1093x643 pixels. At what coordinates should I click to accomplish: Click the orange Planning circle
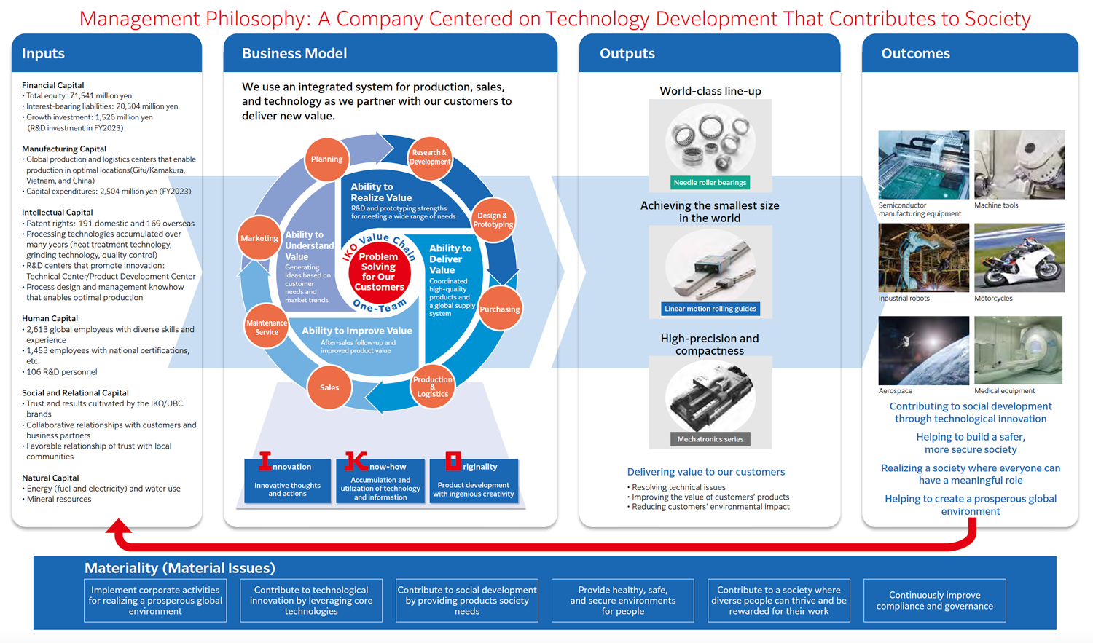(326, 159)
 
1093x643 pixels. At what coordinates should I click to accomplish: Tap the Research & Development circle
(429, 157)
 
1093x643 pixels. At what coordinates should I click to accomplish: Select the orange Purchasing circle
(499, 309)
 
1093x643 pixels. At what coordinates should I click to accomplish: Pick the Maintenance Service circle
(266, 327)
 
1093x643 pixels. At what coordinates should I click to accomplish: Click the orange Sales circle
(329, 387)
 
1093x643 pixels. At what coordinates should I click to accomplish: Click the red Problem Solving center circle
(379, 272)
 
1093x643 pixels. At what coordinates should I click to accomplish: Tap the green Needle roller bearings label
(710, 183)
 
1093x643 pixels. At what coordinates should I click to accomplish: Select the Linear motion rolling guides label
(710, 309)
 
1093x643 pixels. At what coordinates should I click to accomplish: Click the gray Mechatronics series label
(710, 439)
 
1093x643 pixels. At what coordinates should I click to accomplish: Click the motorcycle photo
(1019, 258)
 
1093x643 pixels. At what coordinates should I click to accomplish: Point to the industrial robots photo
(923, 258)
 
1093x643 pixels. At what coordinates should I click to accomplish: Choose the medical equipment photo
(1018, 350)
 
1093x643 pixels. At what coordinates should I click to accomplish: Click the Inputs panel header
(106, 53)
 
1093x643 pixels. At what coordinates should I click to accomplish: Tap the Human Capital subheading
(50, 318)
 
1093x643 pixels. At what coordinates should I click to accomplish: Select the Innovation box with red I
(287, 480)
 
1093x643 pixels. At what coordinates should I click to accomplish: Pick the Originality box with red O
(474, 480)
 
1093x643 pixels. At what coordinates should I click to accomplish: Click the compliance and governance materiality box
(934, 601)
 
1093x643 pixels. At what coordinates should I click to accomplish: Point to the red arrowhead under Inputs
(119, 527)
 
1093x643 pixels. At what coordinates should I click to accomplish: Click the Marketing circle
(259, 238)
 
